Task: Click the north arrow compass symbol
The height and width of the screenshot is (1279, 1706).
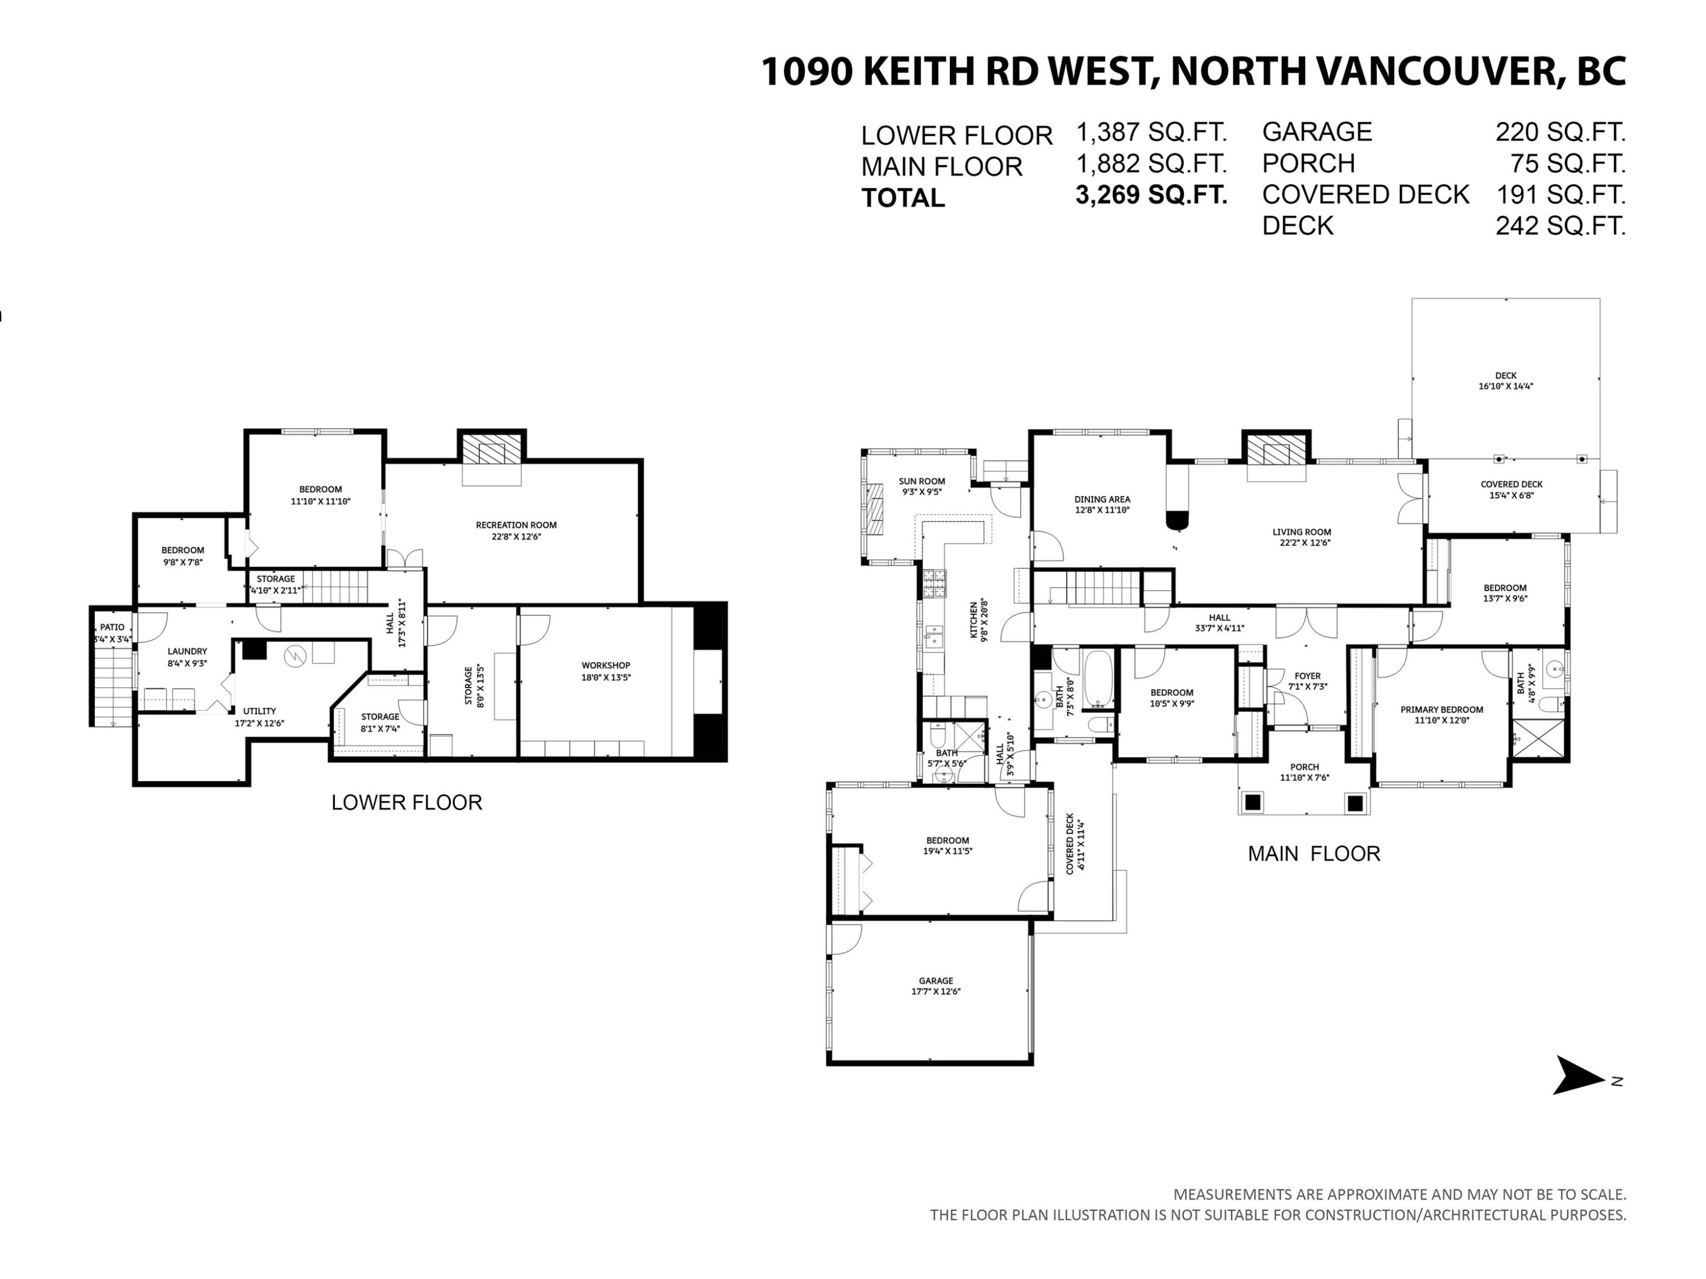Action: (x=1581, y=1075)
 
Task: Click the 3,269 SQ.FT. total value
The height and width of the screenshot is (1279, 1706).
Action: (x=1151, y=194)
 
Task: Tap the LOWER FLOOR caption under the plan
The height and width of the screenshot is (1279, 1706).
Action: (x=407, y=803)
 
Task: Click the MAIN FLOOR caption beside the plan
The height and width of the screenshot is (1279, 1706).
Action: (x=1314, y=853)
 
